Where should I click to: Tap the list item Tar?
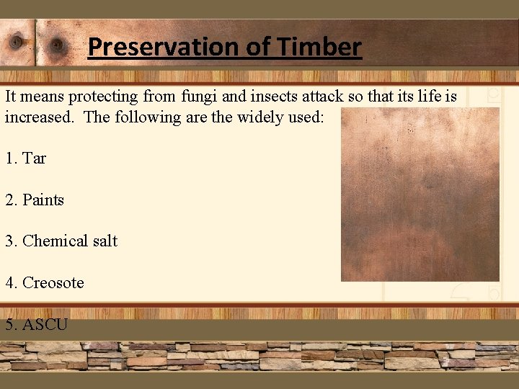[34, 158]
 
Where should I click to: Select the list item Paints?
[43, 200]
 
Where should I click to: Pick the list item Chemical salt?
[70, 241]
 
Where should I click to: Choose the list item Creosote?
[53, 283]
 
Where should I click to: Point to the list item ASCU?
[45, 325]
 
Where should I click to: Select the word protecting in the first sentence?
[105, 96]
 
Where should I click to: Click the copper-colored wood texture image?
[420, 194]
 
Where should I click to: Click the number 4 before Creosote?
[9, 283]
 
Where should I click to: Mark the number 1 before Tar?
[9, 158]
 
